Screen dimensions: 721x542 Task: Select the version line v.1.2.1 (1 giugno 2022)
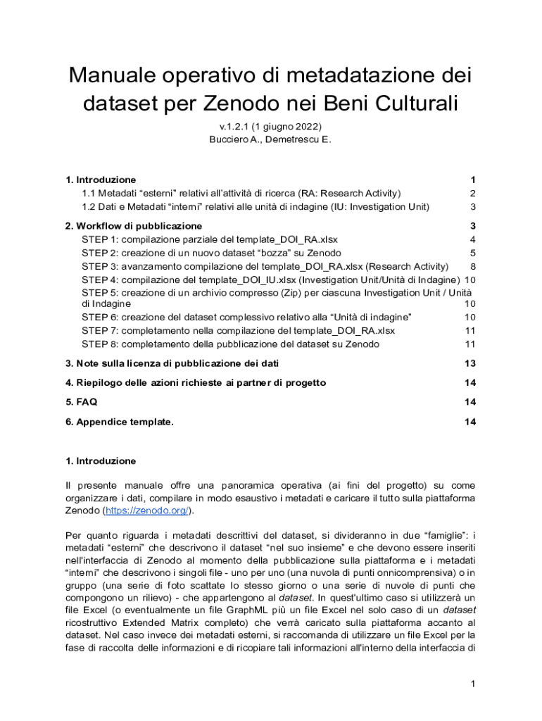(x=270, y=127)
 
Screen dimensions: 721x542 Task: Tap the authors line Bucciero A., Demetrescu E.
(x=270, y=139)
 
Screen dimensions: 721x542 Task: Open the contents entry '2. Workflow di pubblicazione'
(x=134, y=226)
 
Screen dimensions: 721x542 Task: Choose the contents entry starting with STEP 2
(x=211, y=253)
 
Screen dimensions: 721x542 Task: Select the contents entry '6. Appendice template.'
(x=120, y=422)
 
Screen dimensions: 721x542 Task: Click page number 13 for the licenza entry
(x=470, y=363)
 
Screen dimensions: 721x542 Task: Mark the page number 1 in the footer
(x=474, y=684)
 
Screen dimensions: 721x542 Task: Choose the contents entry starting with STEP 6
(x=246, y=318)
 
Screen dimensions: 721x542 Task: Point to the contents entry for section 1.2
(x=256, y=206)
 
